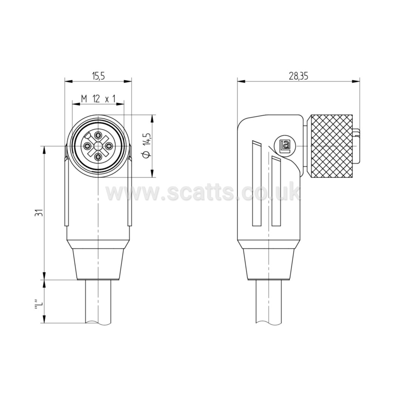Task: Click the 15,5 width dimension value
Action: tap(98, 76)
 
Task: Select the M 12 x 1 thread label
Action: tap(98, 99)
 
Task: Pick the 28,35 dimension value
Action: tap(299, 76)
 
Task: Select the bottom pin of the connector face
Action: tap(98, 157)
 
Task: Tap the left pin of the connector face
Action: tap(86, 146)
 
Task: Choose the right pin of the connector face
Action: tap(109, 146)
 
